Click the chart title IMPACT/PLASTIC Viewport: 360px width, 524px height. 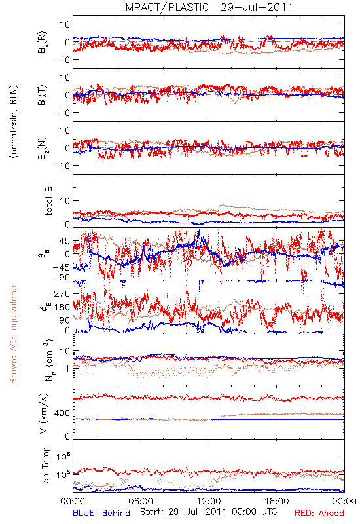166,7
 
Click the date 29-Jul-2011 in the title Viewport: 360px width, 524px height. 257,7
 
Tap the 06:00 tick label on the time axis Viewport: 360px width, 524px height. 141,501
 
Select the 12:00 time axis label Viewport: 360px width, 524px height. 209,501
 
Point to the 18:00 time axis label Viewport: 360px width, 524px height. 277,501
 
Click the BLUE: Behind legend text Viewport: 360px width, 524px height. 101,513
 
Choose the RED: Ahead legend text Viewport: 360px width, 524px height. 319,513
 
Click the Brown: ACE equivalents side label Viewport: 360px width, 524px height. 13,333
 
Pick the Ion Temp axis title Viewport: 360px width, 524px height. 45,466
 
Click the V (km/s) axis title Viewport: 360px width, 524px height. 44,413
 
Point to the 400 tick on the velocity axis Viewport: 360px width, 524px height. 63,413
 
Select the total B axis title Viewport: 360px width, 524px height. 48,201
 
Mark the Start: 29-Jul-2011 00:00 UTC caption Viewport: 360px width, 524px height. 209,512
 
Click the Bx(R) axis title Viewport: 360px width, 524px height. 43,42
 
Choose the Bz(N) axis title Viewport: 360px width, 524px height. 43,148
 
